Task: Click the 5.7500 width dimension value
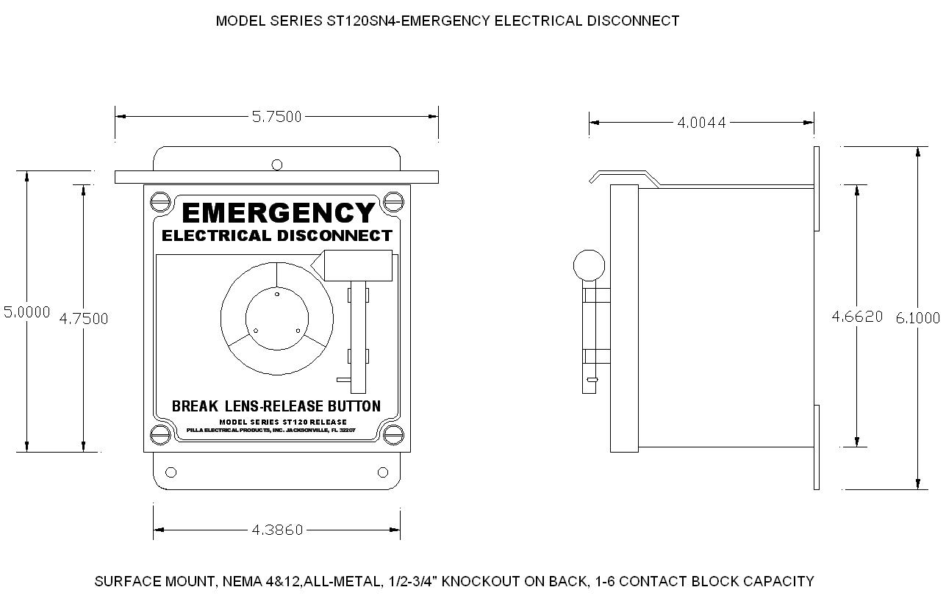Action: (276, 116)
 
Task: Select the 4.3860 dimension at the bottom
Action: (277, 530)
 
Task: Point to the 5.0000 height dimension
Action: (26, 312)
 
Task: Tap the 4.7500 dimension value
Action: (84, 318)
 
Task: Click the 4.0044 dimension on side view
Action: (701, 123)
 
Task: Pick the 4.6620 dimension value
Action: (857, 317)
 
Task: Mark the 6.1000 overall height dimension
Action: (917, 317)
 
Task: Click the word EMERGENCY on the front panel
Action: (278, 213)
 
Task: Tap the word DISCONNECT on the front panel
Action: (335, 236)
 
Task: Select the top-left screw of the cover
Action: (160, 201)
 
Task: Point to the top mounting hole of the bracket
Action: (277, 165)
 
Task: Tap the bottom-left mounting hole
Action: (171, 472)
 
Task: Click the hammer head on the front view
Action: (355, 265)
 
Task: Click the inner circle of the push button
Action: (277, 319)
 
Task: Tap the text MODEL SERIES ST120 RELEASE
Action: (283, 422)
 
